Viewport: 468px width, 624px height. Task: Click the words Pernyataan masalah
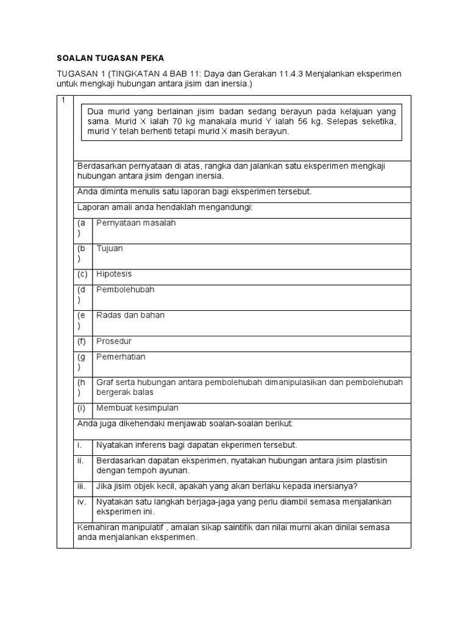click(x=135, y=223)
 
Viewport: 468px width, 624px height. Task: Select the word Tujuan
click(x=110, y=249)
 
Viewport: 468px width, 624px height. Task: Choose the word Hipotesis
click(x=114, y=274)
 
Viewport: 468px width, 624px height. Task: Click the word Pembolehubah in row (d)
click(x=125, y=290)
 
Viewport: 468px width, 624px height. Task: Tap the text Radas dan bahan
click(x=130, y=316)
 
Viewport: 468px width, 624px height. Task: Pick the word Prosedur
click(x=114, y=341)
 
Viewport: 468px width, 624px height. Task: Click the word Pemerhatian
click(x=121, y=357)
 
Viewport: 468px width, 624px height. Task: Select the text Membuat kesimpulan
click(x=137, y=408)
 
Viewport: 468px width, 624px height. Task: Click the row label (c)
click(x=82, y=274)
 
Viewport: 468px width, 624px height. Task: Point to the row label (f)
click(x=82, y=341)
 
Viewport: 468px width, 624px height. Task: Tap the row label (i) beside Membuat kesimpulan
click(x=81, y=408)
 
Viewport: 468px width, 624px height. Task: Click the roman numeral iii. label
click(x=81, y=486)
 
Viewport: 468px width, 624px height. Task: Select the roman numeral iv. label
click(x=81, y=502)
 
